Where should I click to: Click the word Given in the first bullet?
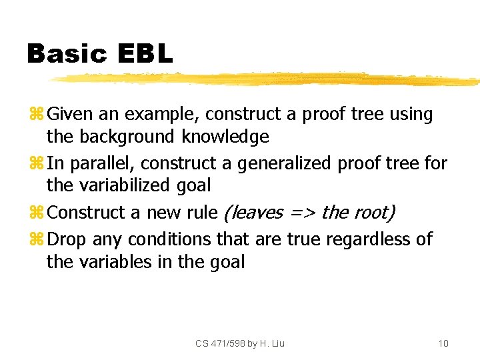pyautogui.click(x=71, y=115)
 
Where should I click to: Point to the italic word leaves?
pyautogui.click(x=254, y=213)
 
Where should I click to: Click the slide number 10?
pyautogui.click(x=443, y=343)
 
